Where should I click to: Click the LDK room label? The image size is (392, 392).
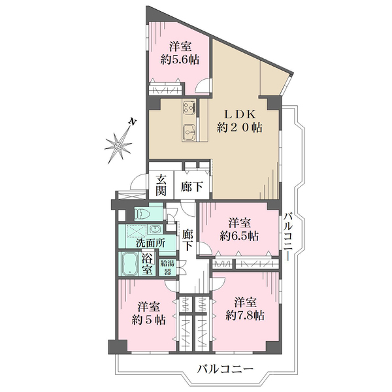pyautogui.click(x=239, y=115)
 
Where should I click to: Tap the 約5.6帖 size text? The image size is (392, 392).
pyautogui.click(x=180, y=60)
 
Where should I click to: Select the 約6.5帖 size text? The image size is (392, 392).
pyautogui.click(x=239, y=236)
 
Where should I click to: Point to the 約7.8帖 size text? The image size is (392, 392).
pyautogui.click(x=245, y=316)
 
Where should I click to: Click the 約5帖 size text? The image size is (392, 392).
pyautogui.click(x=148, y=319)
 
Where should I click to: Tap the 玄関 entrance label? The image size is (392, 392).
pyautogui.click(x=161, y=186)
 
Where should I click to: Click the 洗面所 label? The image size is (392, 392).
pyautogui.click(x=150, y=243)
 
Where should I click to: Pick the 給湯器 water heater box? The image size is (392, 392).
pyautogui.click(x=168, y=267)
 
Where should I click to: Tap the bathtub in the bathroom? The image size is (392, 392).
pyautogui.click(x=130, y=263)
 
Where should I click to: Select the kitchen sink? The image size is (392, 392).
pyautogui.click(x=189, y=133)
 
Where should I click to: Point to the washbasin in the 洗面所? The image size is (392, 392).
pyautogui.click(x=155, y=229)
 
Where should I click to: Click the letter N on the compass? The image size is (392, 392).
pyautogui.click(x=133, y=122)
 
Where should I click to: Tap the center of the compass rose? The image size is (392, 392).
pyautogui.click(x=118, y=146)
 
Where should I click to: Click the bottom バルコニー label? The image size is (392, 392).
pyautogui.click(x=225, y=368)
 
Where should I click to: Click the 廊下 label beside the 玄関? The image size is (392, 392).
pyautogui.click(x=192, y=186)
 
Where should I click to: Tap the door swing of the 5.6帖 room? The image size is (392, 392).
pyautogui.click(x=203, y=86)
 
